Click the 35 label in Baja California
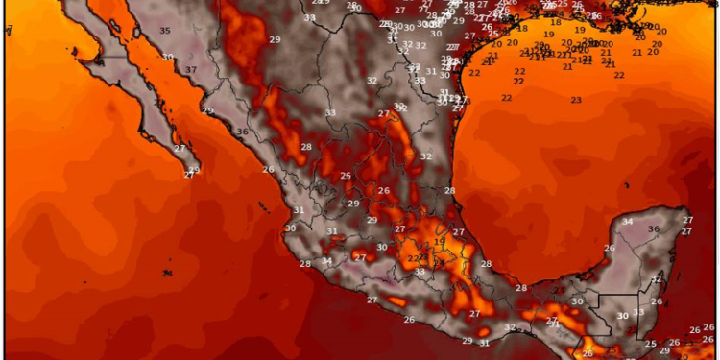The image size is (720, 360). (x=165, y=32)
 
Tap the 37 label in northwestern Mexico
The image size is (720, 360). (x=191, y=70)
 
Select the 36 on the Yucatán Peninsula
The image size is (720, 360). (x=654, y=228)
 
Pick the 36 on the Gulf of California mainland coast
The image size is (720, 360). (x=243, y=132)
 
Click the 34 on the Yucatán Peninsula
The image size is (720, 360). (x=627, y=222)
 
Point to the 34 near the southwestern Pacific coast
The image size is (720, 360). (x=327, y=261)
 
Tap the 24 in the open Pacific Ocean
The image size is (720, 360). (x=167, y=274)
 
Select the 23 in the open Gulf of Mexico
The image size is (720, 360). (x=576, y=101)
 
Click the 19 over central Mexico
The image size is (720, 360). (x=438, y=242)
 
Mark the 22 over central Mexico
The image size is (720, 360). (x=412, y=257)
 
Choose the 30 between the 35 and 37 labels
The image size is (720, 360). (x=168, y=58)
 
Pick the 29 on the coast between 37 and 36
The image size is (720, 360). (x=207, y=111)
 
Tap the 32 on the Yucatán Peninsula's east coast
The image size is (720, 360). (x=656, y=279)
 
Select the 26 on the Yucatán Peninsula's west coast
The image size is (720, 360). (x=609, y=249)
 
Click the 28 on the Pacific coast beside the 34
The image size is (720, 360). (x=305, y=264)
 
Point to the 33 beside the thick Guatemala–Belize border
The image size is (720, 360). (x=638, y=313)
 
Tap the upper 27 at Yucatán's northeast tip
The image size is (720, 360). (x=686, y=221)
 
